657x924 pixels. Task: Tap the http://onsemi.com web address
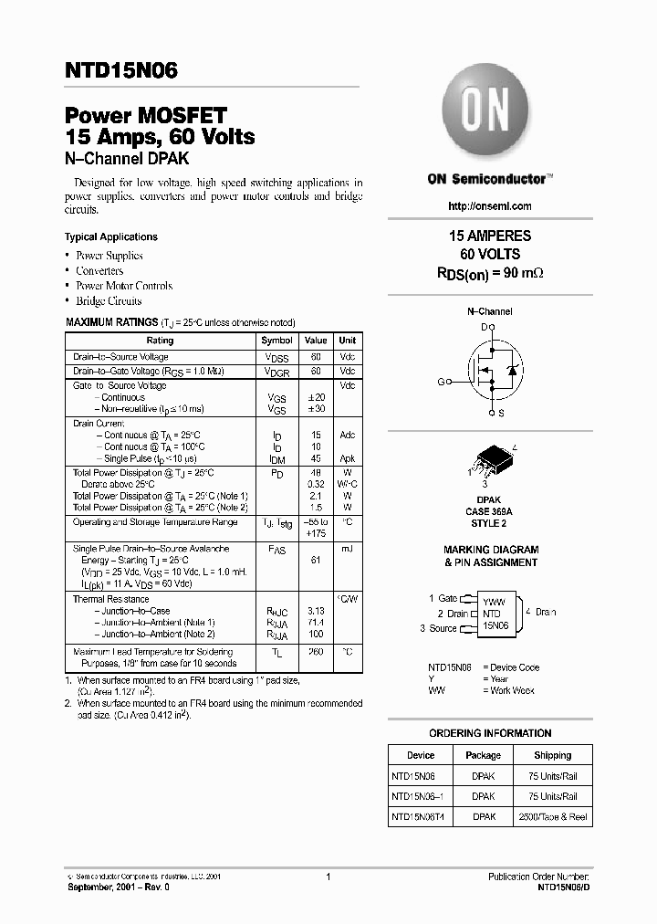pyautogui.click(x=491, y=206)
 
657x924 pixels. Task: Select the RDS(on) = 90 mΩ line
pyautogui.click(x=491, y=273)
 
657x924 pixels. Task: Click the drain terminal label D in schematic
pyautogui.click(x=485, y=326)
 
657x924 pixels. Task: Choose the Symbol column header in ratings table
pyautogui.click(x=277, y=341)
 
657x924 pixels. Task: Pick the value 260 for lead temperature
pyautogui.click(x=316, y=653)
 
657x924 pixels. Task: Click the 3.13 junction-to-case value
pyautogui.click(x=316, y=611)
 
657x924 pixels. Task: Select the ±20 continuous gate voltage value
pyautogui.click(x=316, y=397)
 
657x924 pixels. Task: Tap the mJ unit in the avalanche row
pyautogui.click(x=347, y=549)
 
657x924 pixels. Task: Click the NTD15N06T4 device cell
pyautogui.click(x=420, y=816)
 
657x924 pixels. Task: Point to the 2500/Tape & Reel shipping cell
pyautogui.click(x=553, y=816)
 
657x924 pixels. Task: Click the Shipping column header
pyautogui.click(x=553, y=755)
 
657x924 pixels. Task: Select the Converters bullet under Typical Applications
pyautogui.click(x=99, y=270)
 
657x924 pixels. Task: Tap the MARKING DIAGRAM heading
pyautogui.click(x=491, y=550)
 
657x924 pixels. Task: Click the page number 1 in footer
pyautogui.click(x=327, y=877)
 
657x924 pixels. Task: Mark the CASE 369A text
pyautogui.click(x=490, y=512)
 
